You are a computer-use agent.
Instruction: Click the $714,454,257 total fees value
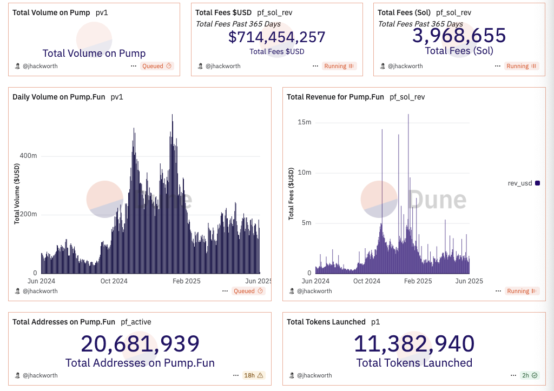click(x=276, y=37)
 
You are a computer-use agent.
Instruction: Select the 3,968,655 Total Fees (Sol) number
click(x=459, y=35)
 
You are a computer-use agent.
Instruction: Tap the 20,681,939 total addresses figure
click(x=140, y=344)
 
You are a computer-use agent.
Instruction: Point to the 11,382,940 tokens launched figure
click(x=414, y=344)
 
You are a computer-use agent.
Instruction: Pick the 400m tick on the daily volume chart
click(x=29, y=156)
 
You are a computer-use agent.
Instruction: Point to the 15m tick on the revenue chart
click(x=305, y=122)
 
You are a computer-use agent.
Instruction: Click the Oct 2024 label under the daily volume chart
click(x=114, y=281)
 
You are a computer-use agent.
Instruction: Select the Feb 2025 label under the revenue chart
click(x=418, y=281)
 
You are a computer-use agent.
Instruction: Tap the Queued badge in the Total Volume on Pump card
click(x=156, y=66)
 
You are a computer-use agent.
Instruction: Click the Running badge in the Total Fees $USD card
click(x=339, y=66)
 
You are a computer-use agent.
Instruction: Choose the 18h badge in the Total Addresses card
click(x=253, y=375)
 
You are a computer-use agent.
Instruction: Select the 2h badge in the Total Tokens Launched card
click(x=529, y=375)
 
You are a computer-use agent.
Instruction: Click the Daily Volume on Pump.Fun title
click(x=59, y=97)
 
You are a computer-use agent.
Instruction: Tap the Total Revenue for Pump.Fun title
click(x=335, y=97)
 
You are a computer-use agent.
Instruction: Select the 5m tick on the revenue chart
click(x=306, y=223)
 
